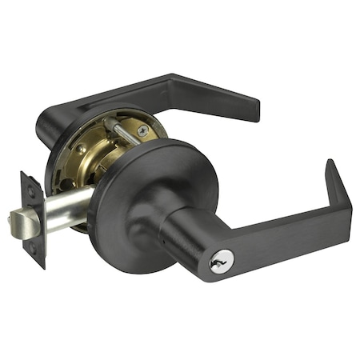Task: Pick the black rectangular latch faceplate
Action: click(x=33, y=218)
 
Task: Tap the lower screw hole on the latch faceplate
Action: click(x=34, y=247)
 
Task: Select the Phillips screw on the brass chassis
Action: click(x=142, y=130)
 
